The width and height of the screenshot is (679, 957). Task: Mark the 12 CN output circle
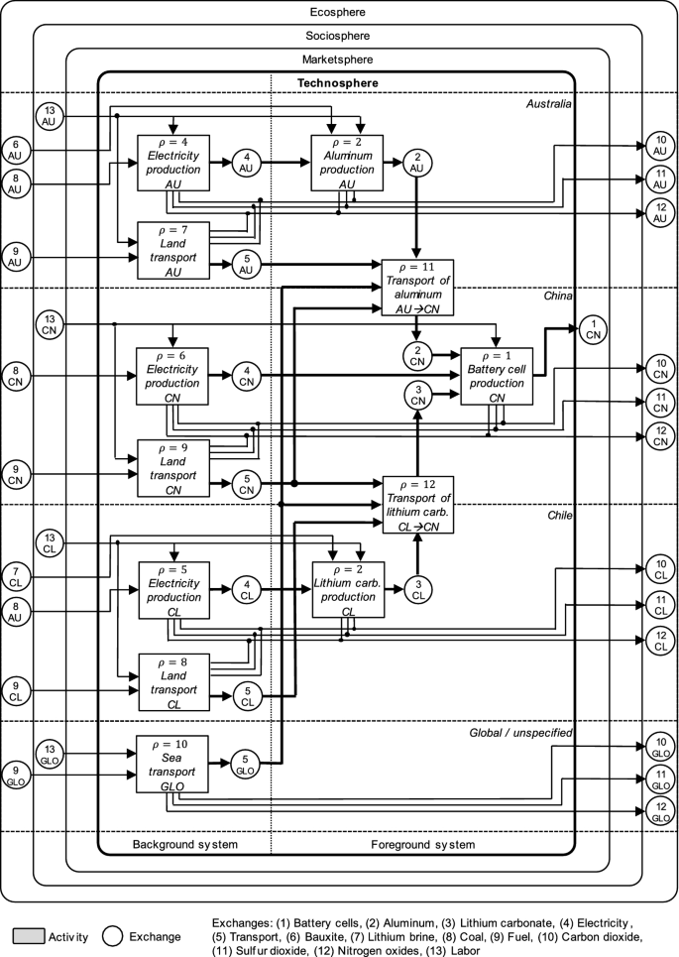pyautogui.click(x=662, y=436)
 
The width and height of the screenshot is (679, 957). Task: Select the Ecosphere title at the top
pyautogui.click(x=338, y=11)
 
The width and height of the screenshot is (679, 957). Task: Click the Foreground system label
pyautogui.click(x=423, y=845)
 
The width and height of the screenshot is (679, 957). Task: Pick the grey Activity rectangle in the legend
pyautogui.click(x=31, y=935)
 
